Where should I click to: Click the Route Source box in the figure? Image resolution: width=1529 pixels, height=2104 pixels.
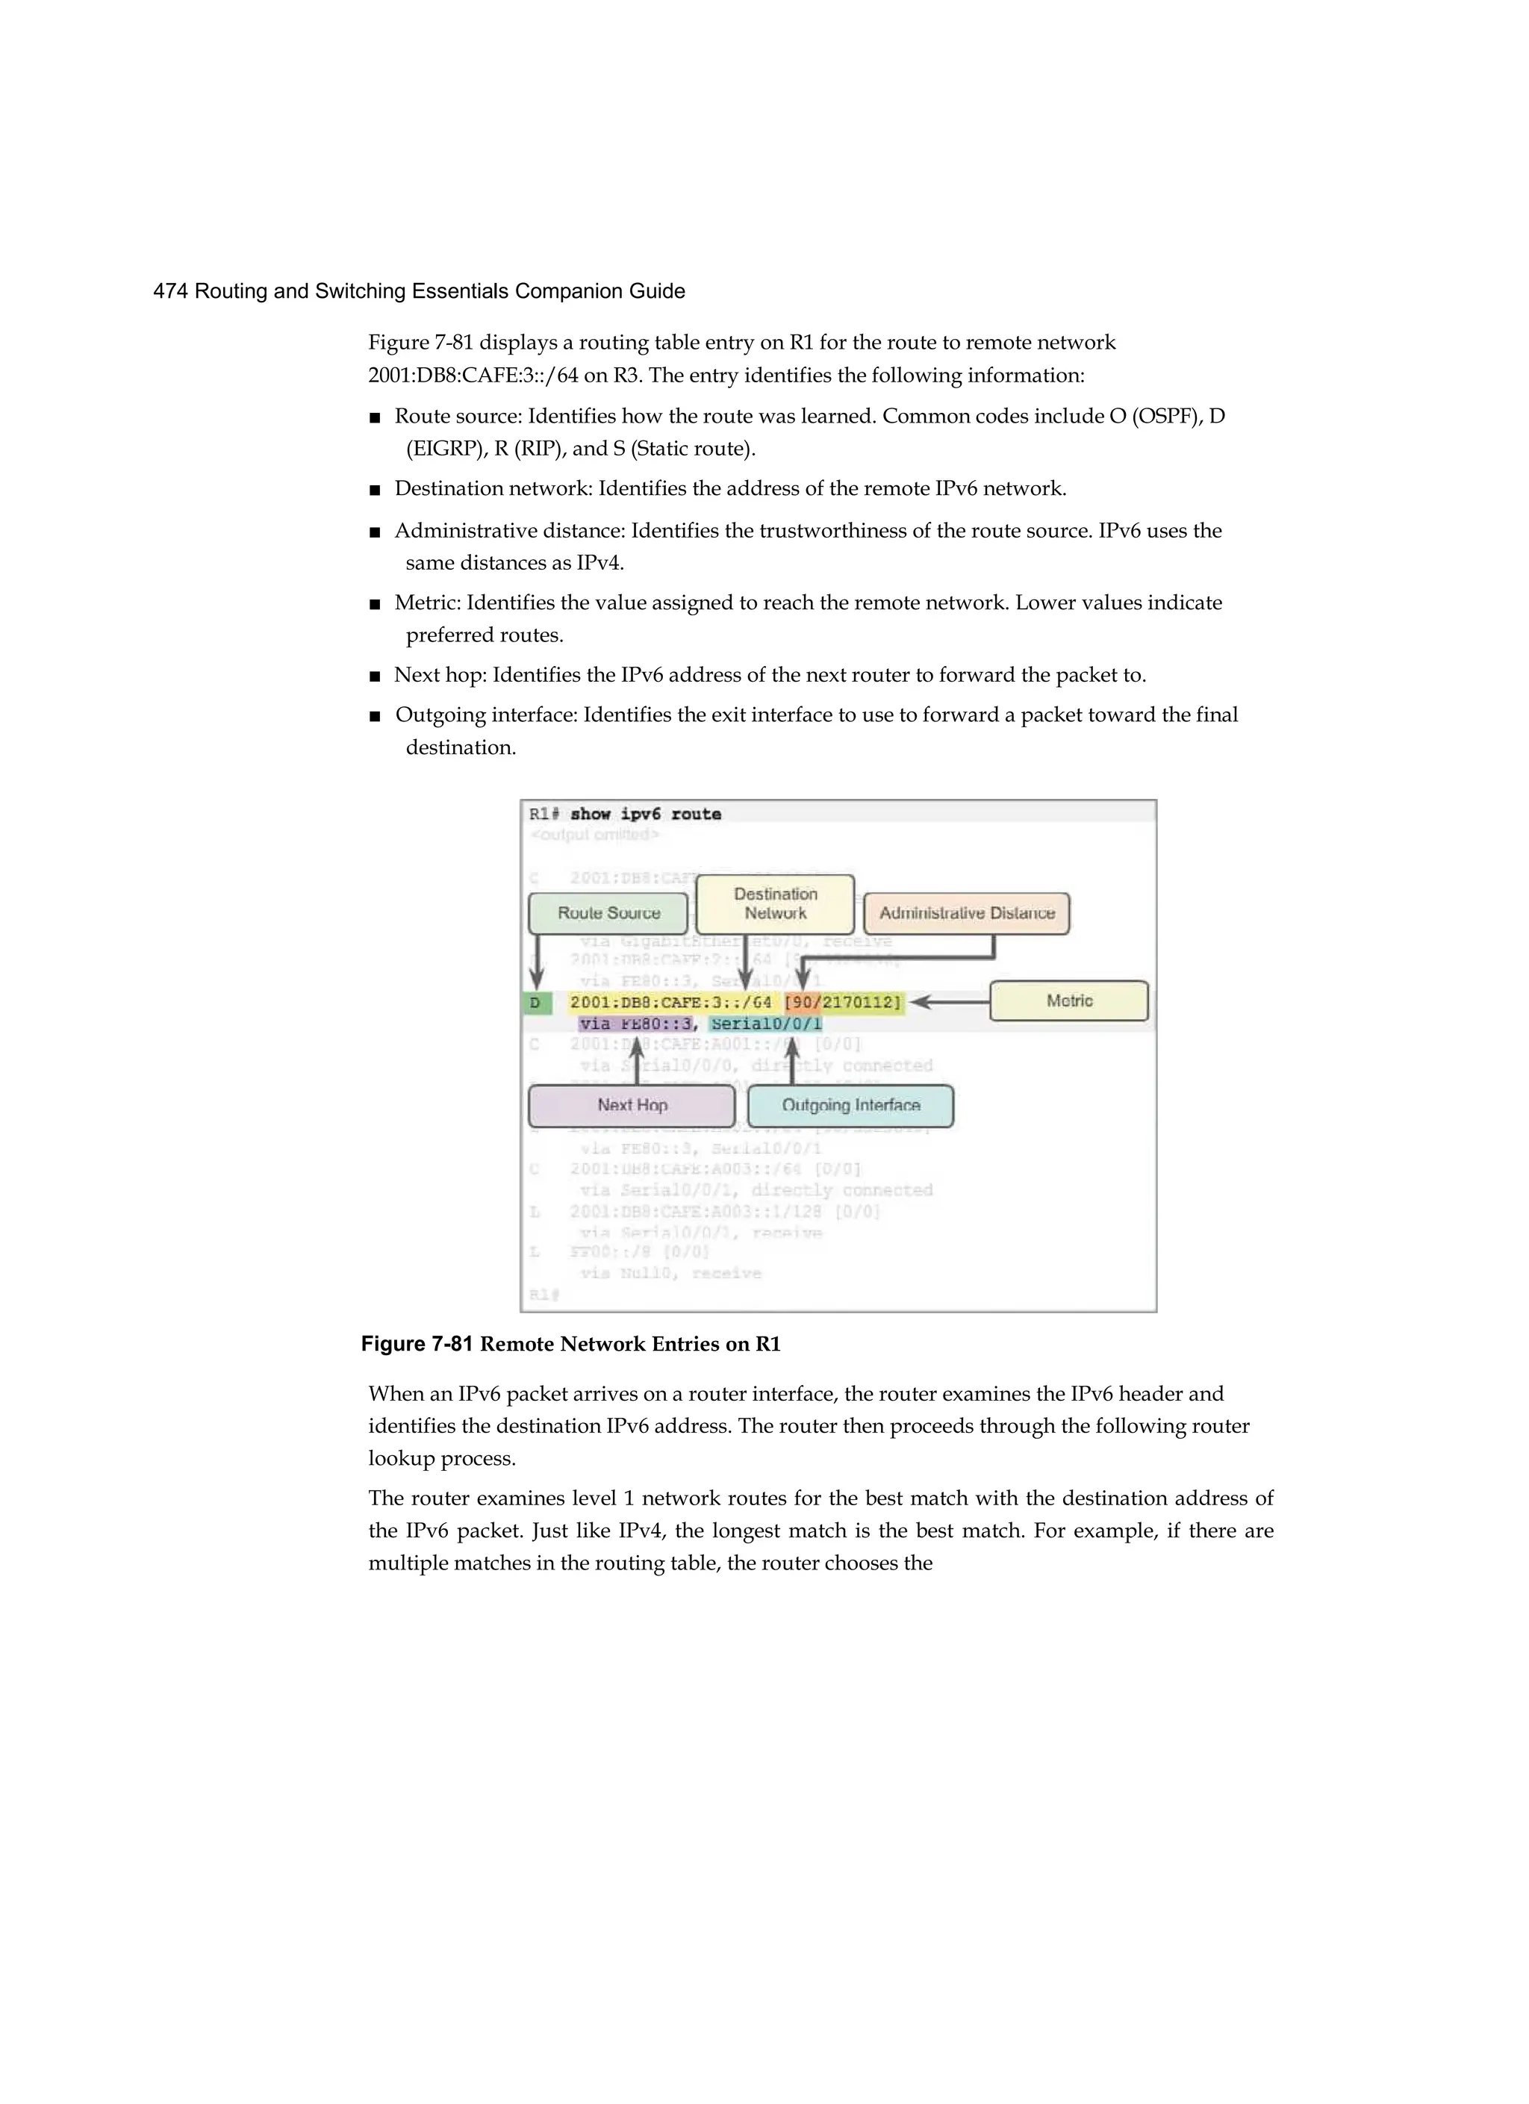(x=608, y=914)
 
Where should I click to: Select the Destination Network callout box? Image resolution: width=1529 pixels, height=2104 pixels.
(x=775, y=903)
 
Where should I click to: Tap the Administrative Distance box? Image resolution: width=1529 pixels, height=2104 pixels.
(x=966, y=914)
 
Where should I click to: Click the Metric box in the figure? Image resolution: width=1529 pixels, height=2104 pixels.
(x=1069, y=1001)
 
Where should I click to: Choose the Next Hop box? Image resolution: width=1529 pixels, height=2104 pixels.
(x=632, y=1106)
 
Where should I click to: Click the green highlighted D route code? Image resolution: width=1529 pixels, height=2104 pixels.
(x=536, y=1003)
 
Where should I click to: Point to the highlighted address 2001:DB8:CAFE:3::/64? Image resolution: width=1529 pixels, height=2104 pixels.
(x=670, y=1003)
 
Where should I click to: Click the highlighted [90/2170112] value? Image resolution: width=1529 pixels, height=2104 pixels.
(x=842, y=1003)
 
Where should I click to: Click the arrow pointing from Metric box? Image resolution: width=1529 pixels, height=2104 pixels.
(x=947, y=1002)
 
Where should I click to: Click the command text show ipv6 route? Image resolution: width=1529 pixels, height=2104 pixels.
(x=645, y=815)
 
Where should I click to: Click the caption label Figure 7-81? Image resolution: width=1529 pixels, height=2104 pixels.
(x=417, y=1344)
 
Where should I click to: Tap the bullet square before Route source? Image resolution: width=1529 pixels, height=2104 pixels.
(x=375, y=417)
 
